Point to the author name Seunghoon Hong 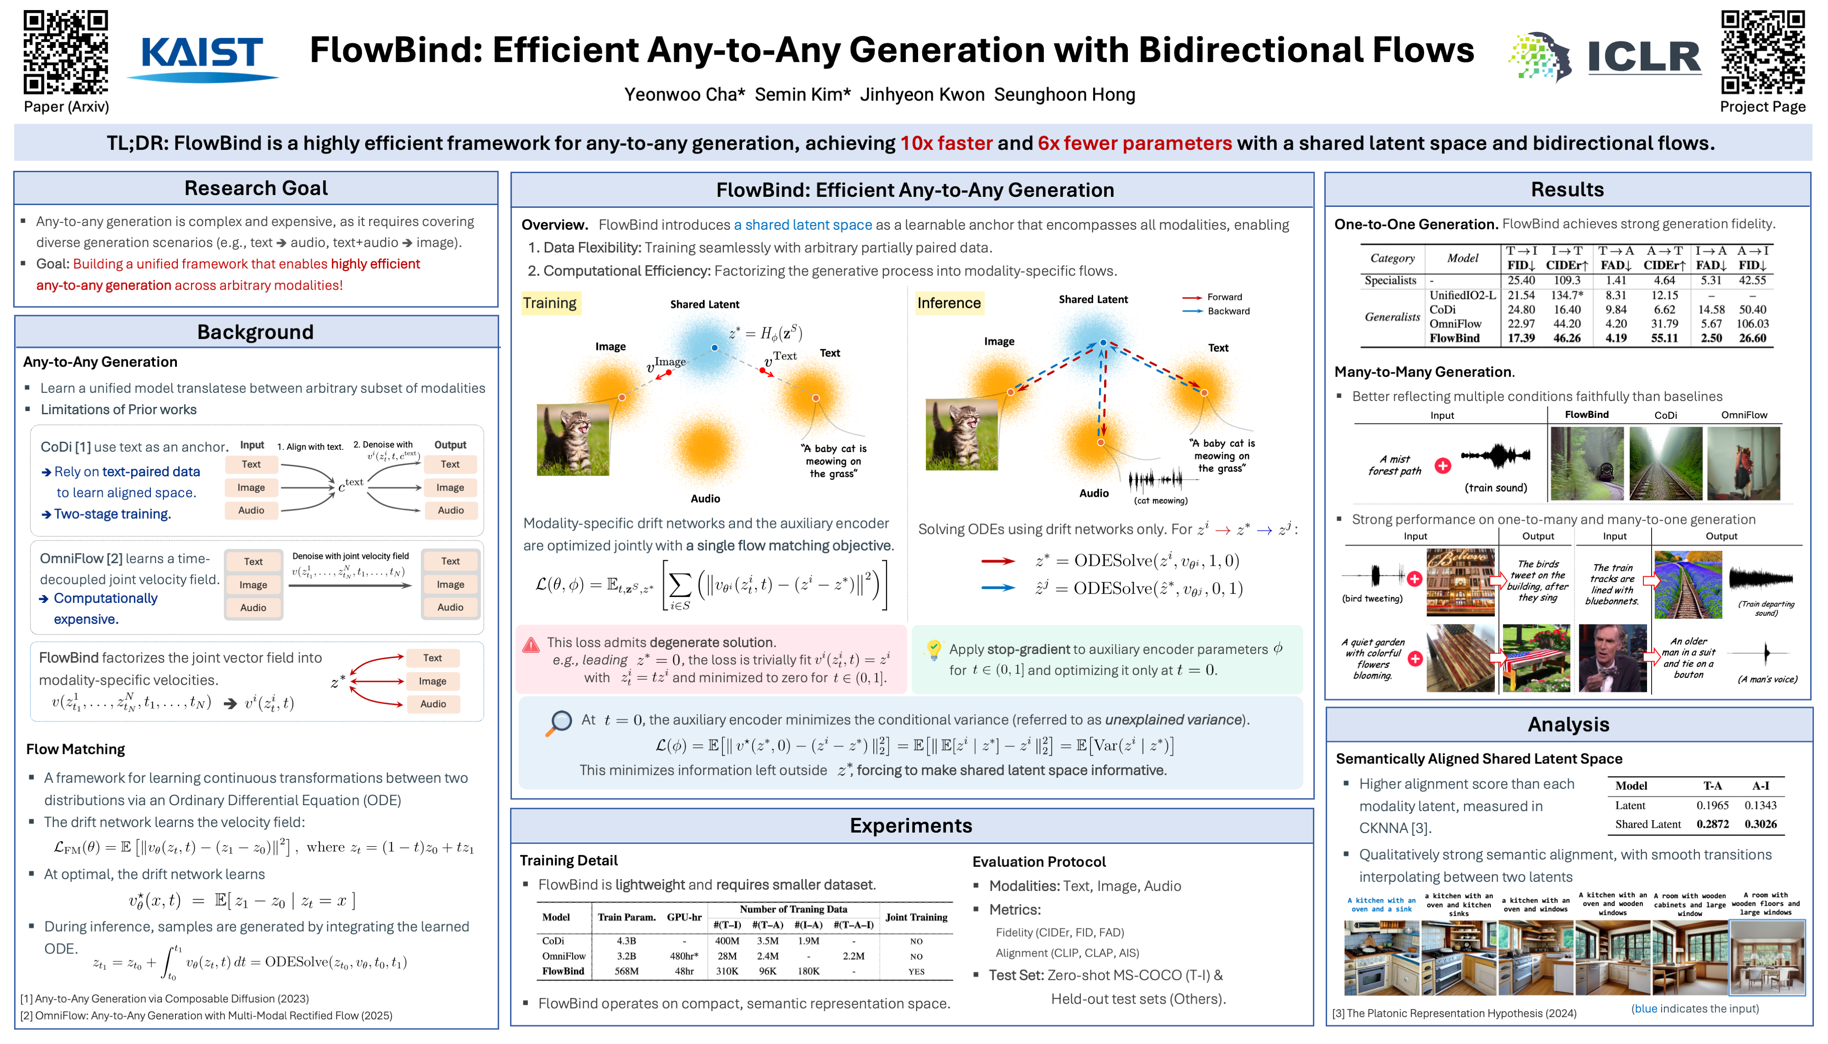[1065, 95]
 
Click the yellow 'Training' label [550, 303]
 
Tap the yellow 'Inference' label [948, 303]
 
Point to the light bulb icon [933, 649]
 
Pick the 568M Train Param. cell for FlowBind [626, 971]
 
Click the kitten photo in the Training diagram [573, 439]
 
